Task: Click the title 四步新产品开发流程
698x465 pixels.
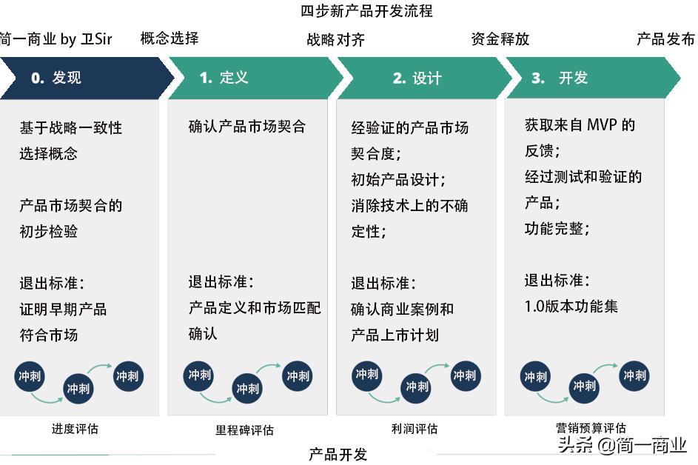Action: (366, 11)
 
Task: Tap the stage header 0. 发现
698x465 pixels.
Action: (56, 78)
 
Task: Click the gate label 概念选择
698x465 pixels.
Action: (170, 39)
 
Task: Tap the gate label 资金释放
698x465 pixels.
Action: (500, 39)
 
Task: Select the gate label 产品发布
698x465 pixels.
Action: (665, 39)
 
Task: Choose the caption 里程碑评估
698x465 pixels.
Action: (245, 429)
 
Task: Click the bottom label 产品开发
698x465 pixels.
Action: (338, 454)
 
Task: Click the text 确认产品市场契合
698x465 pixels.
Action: (247, 127)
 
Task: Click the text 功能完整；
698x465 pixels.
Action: (557, 229)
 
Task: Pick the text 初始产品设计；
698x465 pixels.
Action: (399, 179)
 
